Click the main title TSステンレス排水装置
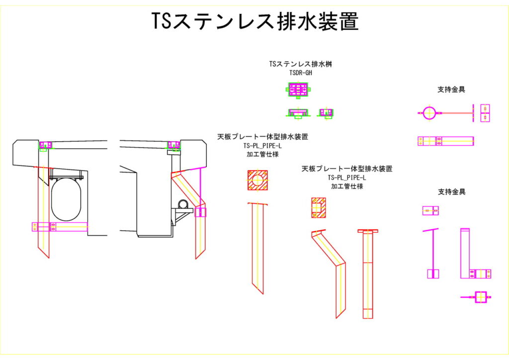[x=255, y=22]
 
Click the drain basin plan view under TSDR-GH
[x=298, y=90]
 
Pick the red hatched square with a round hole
[x=257, y=180]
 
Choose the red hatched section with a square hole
[x=318, y=208]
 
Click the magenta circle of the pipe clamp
[x=429, y=113]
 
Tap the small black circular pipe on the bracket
[x=183, y=203]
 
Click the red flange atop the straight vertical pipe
[x=368, y=231]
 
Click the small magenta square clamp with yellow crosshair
[x=480, y=297]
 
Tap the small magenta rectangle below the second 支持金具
[x=430, y=211]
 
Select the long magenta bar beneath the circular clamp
[x=445, y=141]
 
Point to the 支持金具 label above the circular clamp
[x=451, y=90]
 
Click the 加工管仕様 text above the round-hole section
[x=262, y=154]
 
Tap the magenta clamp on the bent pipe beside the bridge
[x=201, y=212]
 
